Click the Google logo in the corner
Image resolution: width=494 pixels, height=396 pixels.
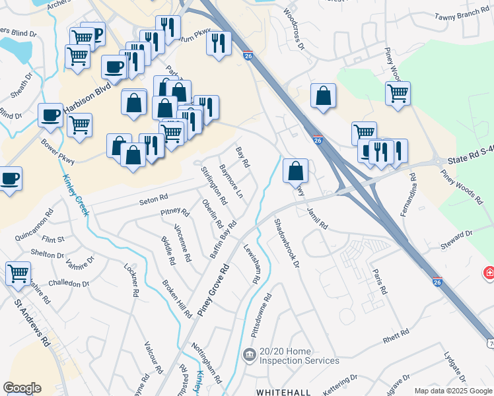coord(22,388)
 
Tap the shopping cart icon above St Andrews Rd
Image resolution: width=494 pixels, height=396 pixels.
coord(18,273)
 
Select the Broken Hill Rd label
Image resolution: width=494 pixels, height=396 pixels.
coord(176,298)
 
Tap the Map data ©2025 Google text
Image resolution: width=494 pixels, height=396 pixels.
coord(453,391)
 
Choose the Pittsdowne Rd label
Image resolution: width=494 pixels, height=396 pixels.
coord(267,315)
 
